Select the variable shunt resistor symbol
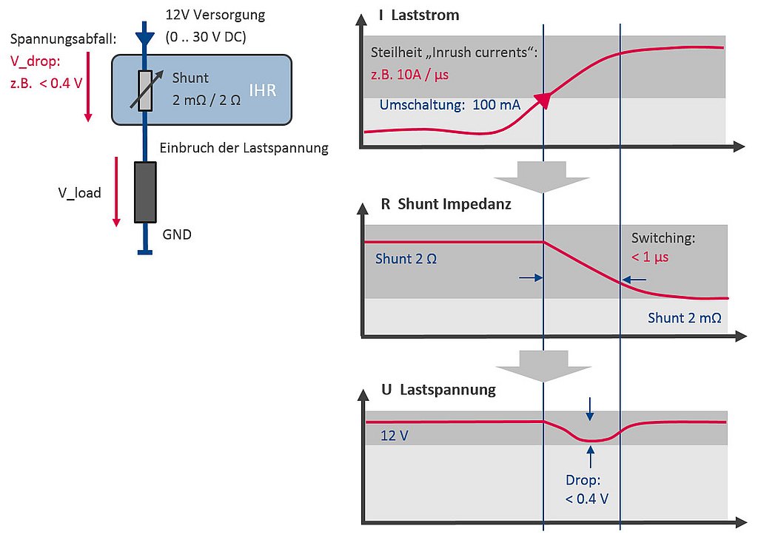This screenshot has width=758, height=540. coord(145,90)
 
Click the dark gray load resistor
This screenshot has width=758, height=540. coord(145,192)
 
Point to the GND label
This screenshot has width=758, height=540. coord(176,235)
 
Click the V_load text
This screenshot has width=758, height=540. coord(80,192)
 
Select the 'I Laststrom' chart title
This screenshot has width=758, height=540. coord(418,15)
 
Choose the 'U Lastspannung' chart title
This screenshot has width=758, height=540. coord(437,388)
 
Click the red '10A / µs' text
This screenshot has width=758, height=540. coord(409,75)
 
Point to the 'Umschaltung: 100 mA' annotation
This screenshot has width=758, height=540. coord(449,105)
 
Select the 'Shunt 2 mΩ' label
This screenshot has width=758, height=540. coord(684,317)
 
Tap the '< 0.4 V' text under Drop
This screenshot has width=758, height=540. coord(586,499)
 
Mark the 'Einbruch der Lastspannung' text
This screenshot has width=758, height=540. coord(244,148)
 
